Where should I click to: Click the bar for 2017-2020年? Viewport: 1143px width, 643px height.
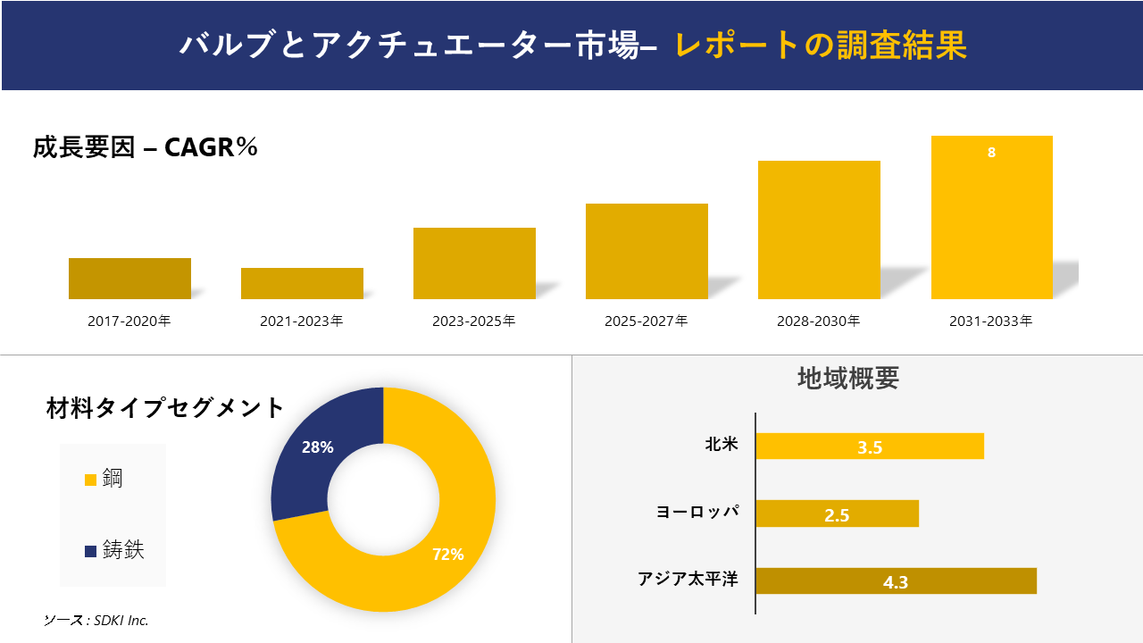pyautogui.click(x=129, y=279)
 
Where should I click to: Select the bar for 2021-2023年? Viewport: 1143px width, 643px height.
pyautogui.click(x=302, y=283)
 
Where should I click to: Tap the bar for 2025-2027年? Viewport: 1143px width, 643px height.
pyautogui.click(x=647, y=251)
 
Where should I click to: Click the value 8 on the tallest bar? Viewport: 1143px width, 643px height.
pyautogui.click(x=991, y=153)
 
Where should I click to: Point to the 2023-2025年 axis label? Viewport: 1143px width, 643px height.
pyautogui.click(x=473, y=321)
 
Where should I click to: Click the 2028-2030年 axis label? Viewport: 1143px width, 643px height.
pyautogui.click(x=818, y=321)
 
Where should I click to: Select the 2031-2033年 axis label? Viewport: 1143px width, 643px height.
pyautogui.click(x=990, y=321)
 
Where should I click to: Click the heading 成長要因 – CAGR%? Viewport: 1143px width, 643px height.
pyautogui.click(x=146, y=147)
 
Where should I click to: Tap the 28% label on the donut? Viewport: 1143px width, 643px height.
pyautogui.click(x=317, y=447)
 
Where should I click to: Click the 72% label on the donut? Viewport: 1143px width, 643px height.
pyautogui.click(x=447, y=555)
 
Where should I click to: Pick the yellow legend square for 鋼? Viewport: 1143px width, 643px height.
pyautogui.click(x=90, y=480)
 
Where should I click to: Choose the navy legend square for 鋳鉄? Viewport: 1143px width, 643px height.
pyautogui.click(x=90, y=552)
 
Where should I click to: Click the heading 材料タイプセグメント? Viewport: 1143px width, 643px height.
pyautogui.click(x=165, y=408)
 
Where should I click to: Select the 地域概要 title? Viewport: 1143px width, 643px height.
pyautogui.click(x=847, y=379)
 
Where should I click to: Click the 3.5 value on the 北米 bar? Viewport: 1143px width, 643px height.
pyautogui.click(x=870, y=447)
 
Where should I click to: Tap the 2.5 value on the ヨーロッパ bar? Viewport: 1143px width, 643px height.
pyautogui.click(x=837, y=514)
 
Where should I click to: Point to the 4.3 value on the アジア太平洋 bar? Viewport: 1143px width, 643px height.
pyautogui.click(x=895, y=582)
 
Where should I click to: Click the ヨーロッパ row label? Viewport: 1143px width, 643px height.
pyautogui.click(x=697, y=512)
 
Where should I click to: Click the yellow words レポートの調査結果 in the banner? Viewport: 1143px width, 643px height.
pyautogui.click(x=821, y=46)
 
